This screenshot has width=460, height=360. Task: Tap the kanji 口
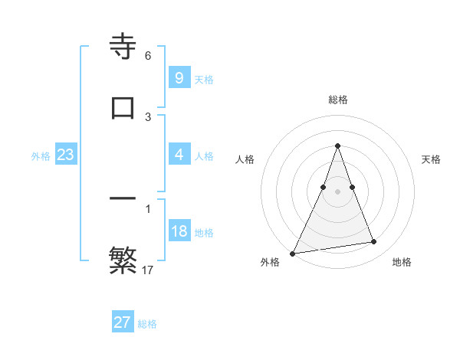click(123, 107)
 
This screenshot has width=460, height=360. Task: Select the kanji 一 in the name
click(123, 199)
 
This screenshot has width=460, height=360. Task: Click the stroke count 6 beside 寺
click(148, 56)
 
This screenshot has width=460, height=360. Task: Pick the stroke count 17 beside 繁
click(148, 270)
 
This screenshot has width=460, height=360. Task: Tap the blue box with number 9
click(179, 78)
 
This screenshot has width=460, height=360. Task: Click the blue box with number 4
click(179, 155)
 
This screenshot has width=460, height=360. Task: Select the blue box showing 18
click(179, 231)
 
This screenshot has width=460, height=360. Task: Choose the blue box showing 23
click(65, 155)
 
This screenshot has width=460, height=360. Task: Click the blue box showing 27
click(122, 322)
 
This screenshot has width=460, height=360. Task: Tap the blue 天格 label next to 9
click(204, 79)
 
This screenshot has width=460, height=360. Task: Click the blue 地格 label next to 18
click(204, 232)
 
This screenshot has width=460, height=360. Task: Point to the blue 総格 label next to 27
click(147, 323)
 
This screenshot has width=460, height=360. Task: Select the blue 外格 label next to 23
click(41, 155)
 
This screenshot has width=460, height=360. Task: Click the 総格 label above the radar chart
click(337, 100)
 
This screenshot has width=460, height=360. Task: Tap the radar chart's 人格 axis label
click(245, 159)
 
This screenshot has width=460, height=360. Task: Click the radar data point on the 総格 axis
click(337, 146)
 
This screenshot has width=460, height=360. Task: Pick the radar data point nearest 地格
click(373, 242)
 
